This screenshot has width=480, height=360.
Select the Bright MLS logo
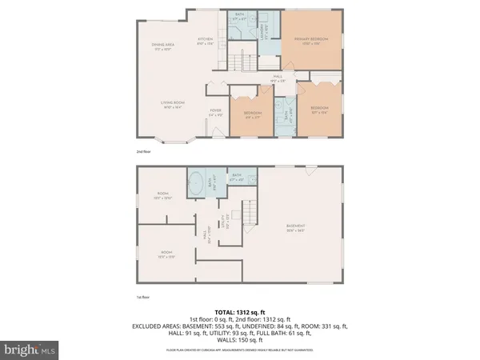(30, 350)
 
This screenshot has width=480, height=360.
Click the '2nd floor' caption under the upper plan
(144, 151)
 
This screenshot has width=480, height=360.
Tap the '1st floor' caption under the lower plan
(144, 296)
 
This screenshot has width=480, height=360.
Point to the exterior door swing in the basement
(310, 167)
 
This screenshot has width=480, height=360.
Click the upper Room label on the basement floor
(165, 195)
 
